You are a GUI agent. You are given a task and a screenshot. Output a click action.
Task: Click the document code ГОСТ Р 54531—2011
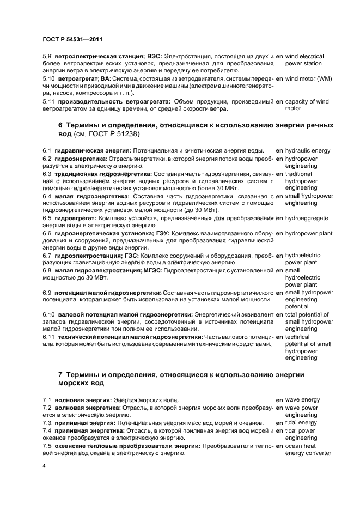click(x=72, y=40)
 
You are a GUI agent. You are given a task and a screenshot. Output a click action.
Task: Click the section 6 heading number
click(x=60, y=125)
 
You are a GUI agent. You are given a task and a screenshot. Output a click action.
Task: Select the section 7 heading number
click(x=60, y=375)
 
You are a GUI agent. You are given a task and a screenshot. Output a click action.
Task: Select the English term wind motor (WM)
click(x=309, y=78)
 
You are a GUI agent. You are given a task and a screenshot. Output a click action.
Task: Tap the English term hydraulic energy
click(x=308, y=150)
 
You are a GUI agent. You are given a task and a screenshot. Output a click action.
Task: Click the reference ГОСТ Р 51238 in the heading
click(x=133, y=134)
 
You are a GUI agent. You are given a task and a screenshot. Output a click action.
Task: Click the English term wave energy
click(x=302, y=400)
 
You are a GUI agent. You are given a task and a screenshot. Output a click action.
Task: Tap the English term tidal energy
click(x=301, y=423)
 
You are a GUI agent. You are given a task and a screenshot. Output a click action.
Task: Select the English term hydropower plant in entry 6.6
click(x=309, y=233)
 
